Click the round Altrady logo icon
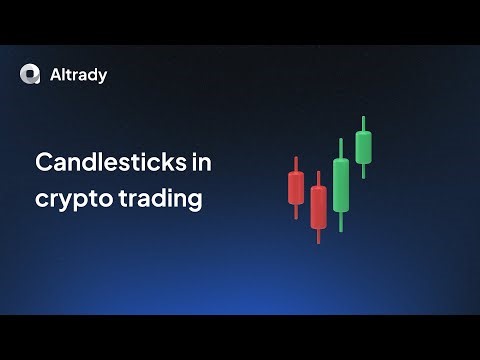coord(30,73)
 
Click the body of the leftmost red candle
coord(296,186)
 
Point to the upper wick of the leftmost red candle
coord(296,163)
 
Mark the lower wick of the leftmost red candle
coord(296,210)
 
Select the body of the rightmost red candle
coord(318,207)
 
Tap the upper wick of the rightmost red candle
coord(318,178)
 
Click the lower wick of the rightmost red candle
coord(318,235)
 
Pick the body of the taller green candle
coord(341,184)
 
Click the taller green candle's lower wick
coord(341,221)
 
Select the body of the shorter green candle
coord(362,147)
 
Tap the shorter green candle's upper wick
coord(362,122)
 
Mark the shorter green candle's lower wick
coord(362,171)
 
